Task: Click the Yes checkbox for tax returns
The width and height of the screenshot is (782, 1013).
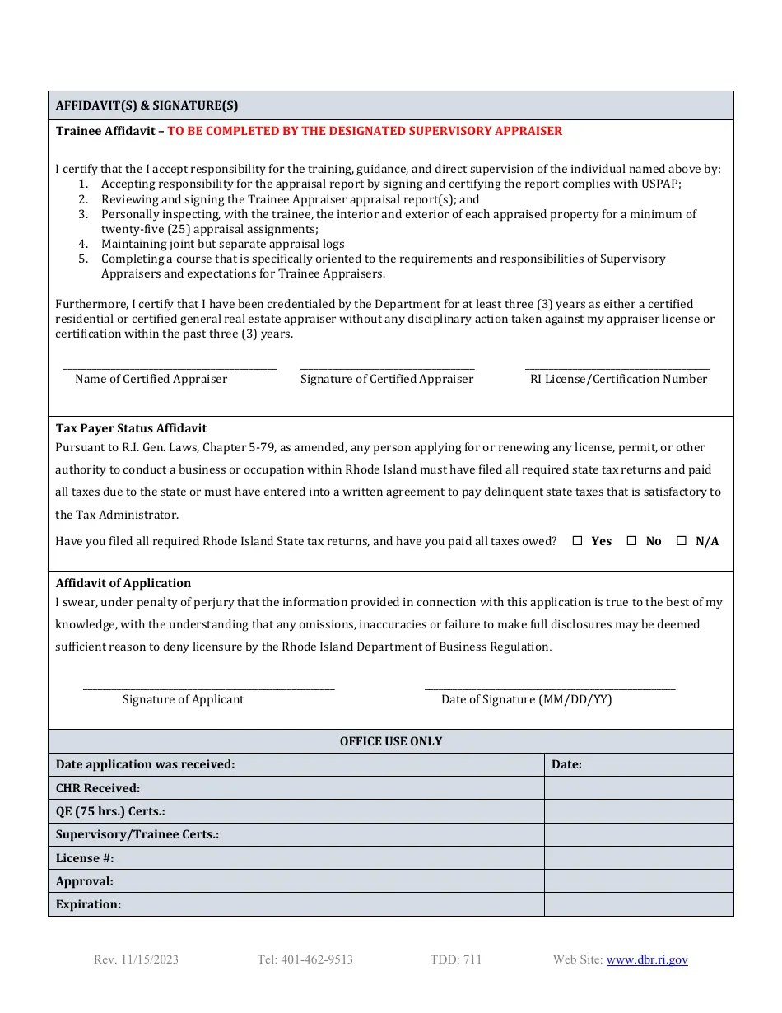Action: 577,541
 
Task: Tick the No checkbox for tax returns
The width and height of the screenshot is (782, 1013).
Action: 632,541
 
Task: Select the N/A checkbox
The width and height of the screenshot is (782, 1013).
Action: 682,541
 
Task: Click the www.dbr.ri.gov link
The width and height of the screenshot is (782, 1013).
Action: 647,959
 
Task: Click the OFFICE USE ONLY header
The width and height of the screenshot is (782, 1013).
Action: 391,741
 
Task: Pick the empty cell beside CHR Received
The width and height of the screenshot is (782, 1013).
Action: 638,788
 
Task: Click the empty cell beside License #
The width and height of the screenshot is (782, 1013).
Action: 638,858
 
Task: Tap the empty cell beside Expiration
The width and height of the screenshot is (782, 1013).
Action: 638,904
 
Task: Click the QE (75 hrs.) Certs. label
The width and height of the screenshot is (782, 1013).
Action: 110,811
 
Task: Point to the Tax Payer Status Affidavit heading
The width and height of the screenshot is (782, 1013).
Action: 131,428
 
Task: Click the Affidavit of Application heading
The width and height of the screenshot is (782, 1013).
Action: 123,583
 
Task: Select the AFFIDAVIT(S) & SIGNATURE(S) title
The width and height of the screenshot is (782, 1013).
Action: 147,105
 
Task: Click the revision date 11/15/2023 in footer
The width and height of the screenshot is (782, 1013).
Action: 136,959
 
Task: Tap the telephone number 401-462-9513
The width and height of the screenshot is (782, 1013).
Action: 305,959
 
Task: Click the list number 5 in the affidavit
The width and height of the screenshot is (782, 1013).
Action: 83,259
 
